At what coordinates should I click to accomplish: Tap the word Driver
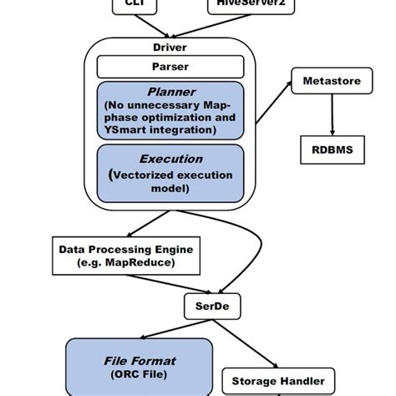pyautogui.click(x=170, y=48)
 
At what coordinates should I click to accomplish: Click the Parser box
pyautogui.click(x=170, y=67)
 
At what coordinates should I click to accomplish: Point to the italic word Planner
pyautogui.click(x=170, y=91)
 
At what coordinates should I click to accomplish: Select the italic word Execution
pyautogui.click(x=170, y=158)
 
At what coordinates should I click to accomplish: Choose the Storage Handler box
pyautogui.click(x=277, y=382)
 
